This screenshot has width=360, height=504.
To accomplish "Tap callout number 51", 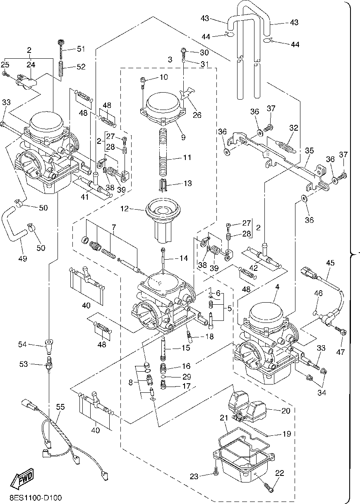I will tap(80, 49).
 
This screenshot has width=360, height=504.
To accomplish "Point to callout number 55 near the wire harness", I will tap(60, 407).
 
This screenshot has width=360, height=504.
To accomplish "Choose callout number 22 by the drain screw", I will tap(280, 473).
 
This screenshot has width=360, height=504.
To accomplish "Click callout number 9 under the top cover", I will tap(183, 137).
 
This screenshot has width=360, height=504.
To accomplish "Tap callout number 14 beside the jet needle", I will tap(183, 258).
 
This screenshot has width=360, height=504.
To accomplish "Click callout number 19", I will tap(286, 434).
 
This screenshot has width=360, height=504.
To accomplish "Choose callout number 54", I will tap(23, 344).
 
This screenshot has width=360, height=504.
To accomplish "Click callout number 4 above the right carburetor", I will tap(277, 286).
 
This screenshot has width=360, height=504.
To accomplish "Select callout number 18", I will tap(209, 337).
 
